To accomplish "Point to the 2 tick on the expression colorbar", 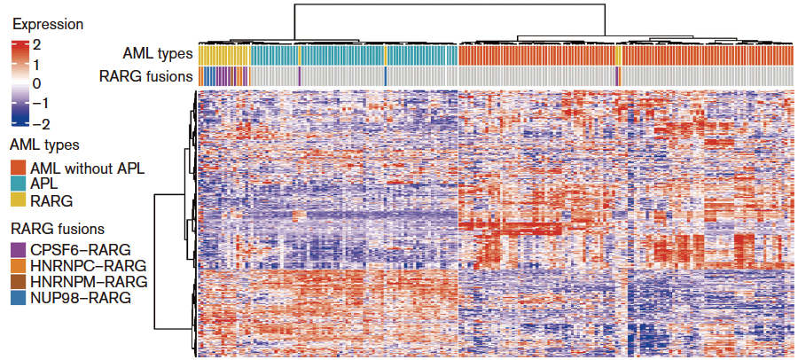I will [36, 43].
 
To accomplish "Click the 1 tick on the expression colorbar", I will [36, 64].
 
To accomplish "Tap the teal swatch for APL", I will [17, 184].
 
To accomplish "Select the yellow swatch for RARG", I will [17, 200].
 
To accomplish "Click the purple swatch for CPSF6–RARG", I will [17, 249].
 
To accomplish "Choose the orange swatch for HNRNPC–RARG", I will [17, 265].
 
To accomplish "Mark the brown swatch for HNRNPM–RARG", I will [17, 281].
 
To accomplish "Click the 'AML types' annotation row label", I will [158, 54].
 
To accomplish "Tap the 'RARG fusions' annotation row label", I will [145, 76].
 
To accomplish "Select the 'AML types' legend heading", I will [43, 145].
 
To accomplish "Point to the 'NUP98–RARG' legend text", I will [81, 298].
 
